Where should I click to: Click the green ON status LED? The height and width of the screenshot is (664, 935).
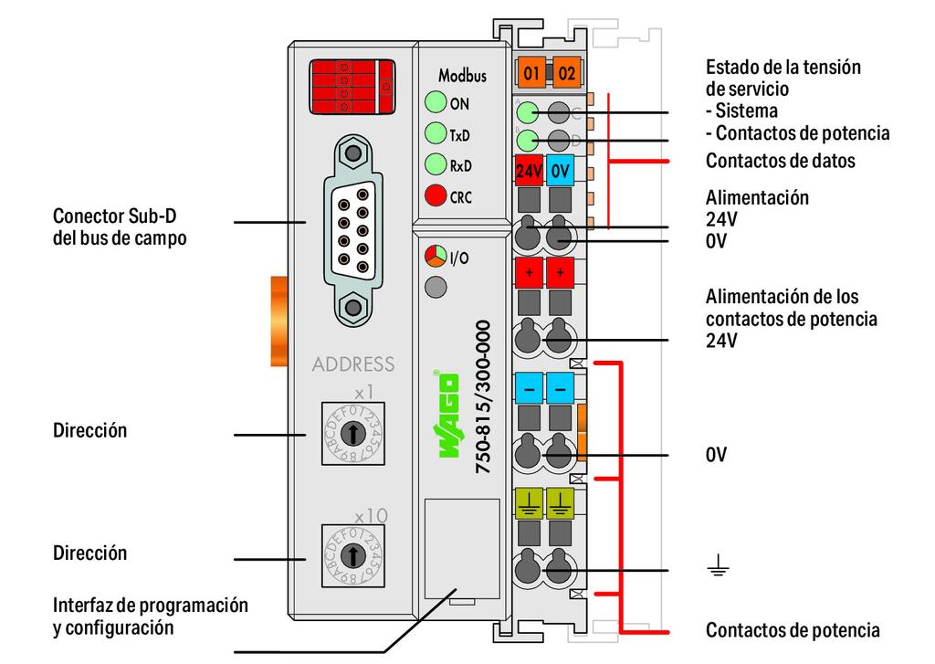tap(436, 102)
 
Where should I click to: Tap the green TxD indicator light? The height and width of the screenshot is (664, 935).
tap(436, 134)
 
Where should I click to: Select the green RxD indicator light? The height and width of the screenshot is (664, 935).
tap(436, 165)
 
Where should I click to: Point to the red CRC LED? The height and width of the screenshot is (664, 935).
tap(436, 195)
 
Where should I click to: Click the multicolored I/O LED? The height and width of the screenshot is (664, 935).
tap(436, 258)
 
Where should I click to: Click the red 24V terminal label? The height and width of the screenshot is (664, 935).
tap(530, 169)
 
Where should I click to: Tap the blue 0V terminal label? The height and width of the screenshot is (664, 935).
tap(561, 169)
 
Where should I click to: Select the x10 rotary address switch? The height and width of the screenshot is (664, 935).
tap(352, 554)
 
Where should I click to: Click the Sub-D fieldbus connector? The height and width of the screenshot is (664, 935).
tap(352, 228)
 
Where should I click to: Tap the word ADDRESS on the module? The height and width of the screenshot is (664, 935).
tap(352, 364)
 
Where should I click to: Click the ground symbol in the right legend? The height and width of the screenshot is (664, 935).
tap(718, 571)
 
